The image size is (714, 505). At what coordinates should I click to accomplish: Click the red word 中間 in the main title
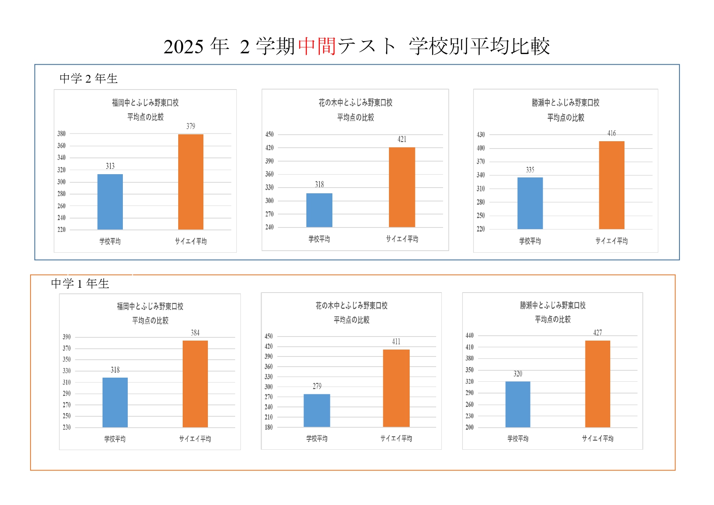[x=317, y=46]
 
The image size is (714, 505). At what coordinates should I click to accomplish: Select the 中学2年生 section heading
[x=88, y=79]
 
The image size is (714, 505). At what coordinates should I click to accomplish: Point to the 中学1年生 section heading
[x=80, y=284]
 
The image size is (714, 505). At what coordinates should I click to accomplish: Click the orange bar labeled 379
[x=191, y=182]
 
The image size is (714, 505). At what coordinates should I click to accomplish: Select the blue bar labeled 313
[x=110, y=202]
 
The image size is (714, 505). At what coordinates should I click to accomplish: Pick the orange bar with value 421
[x=402, y=187]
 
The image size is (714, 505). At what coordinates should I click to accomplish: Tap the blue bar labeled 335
[x=530, y=203]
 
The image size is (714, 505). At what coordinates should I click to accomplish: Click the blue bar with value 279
[x=317, y=411]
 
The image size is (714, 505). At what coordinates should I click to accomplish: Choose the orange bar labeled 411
[x=396, y=388]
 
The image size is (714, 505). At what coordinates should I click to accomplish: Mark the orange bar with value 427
[x=598, y=384]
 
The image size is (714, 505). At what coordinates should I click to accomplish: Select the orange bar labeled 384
[x=195, y=384]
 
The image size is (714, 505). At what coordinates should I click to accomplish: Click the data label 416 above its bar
[x=611, y=133]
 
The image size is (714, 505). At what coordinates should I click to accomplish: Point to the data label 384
[x=195, y=333]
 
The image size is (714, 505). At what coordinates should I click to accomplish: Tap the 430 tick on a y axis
[x=481, y=135]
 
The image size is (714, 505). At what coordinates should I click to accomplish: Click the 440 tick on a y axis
[x=469, y=336]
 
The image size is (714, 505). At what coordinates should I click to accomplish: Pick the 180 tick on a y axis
[x=269, y=427]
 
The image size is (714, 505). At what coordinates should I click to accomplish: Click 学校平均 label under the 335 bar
[x=530, y=241]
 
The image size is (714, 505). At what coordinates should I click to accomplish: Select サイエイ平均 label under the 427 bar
[x=598, y=438]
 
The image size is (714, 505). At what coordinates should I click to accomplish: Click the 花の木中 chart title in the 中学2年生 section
[x=355, y=103]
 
